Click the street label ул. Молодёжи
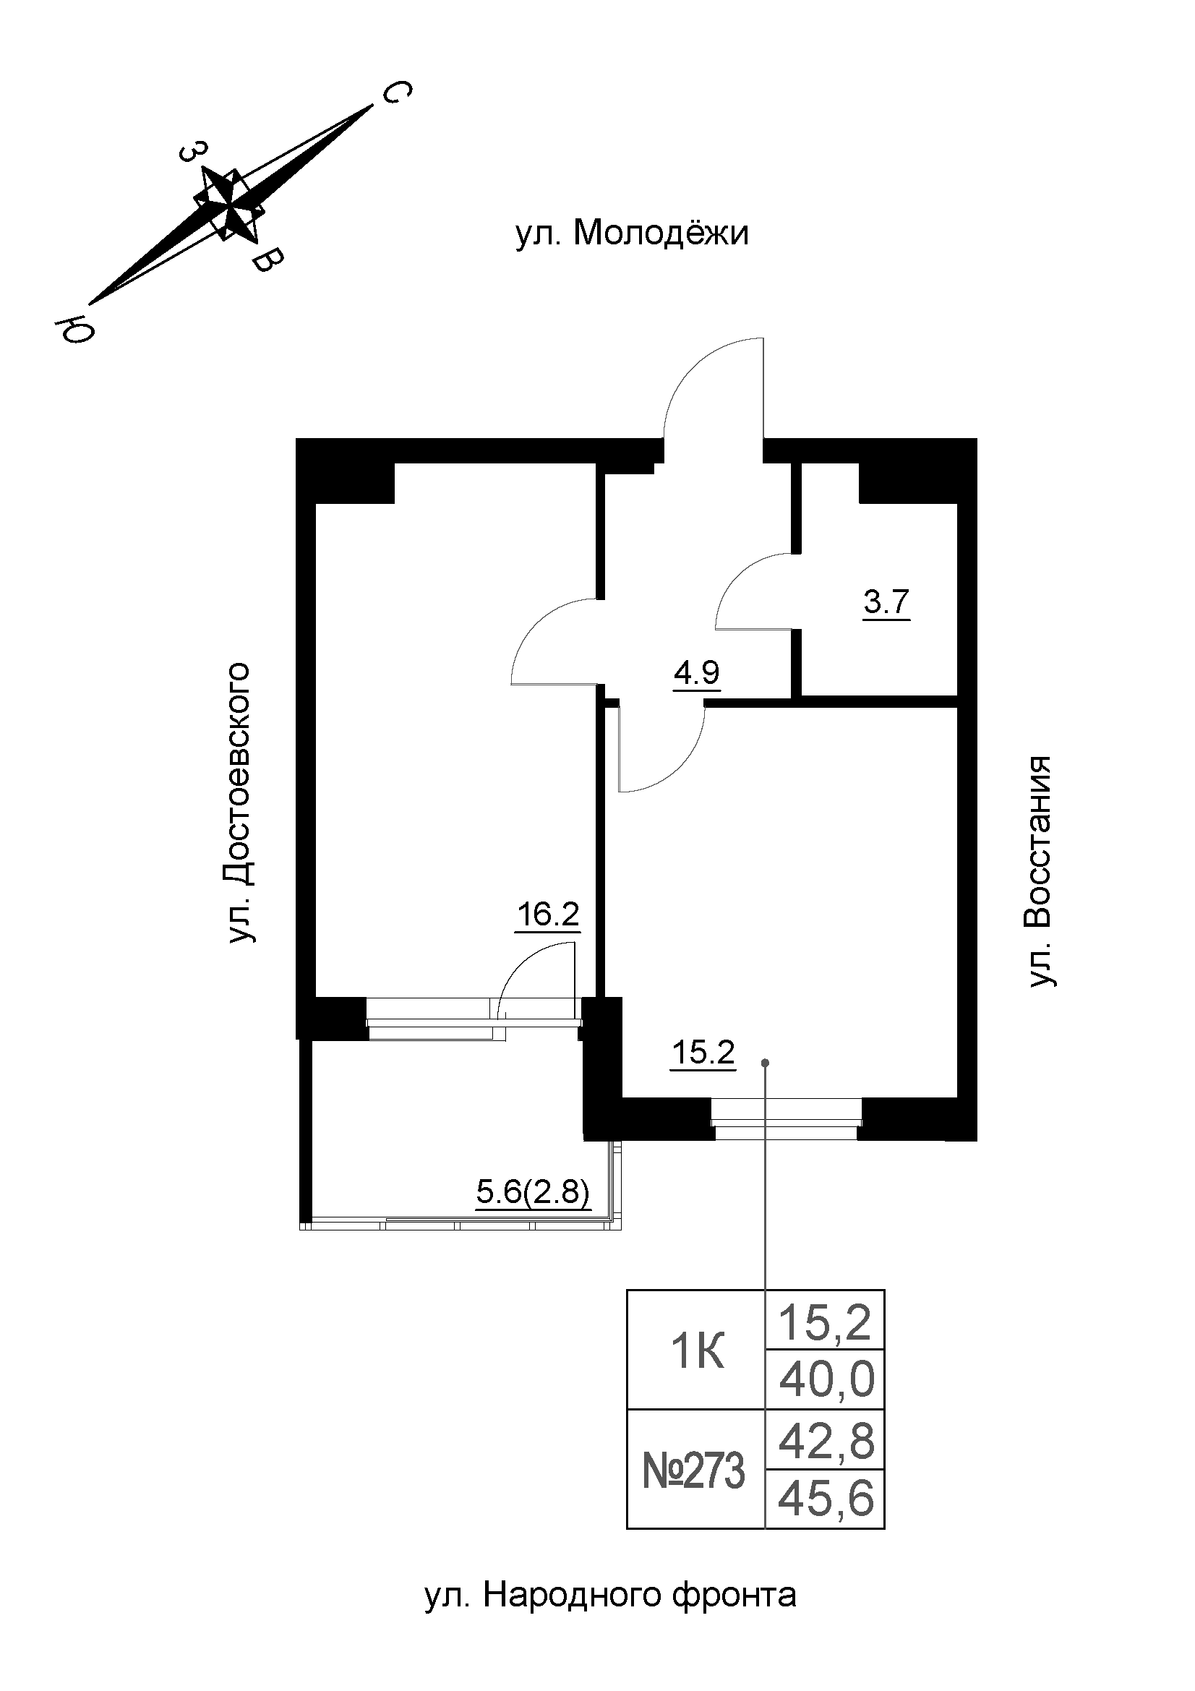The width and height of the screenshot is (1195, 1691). (632, 235)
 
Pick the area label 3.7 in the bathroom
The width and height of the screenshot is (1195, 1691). (886, 603)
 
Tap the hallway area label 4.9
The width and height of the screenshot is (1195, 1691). (696, 673)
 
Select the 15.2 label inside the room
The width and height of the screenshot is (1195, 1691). (703, 1053)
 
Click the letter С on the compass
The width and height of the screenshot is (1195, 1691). (395, 92)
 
